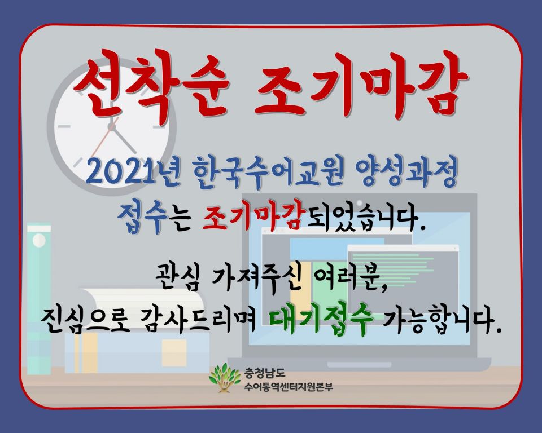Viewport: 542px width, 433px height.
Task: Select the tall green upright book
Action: (38, 299)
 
